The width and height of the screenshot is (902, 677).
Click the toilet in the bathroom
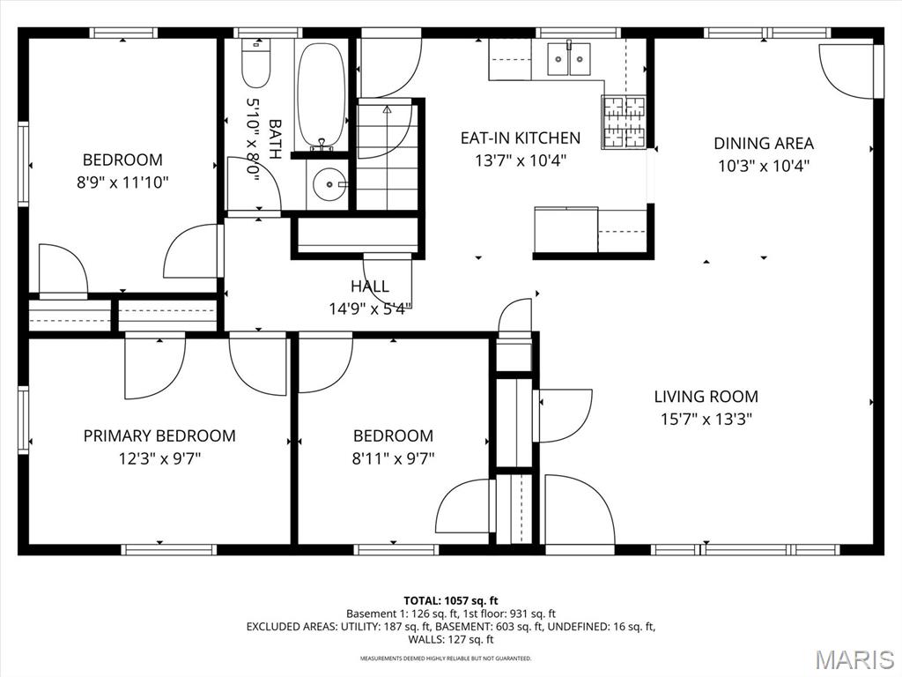256,63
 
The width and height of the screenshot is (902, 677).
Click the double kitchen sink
568,58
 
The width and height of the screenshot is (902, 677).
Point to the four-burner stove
624,122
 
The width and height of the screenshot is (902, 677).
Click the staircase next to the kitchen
387,155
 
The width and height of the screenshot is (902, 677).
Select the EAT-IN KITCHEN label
521,138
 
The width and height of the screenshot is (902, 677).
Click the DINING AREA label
764,144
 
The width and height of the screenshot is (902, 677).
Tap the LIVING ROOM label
706,397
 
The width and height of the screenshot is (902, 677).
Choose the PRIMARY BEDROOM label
159,435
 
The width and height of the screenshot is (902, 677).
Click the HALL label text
370,286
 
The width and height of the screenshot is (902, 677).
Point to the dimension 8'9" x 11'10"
122,183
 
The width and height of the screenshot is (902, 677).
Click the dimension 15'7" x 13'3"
706,419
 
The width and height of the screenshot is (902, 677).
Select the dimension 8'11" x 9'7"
393,458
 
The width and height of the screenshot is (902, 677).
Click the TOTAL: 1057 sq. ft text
451,601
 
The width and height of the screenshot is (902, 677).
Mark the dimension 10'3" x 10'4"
764,167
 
